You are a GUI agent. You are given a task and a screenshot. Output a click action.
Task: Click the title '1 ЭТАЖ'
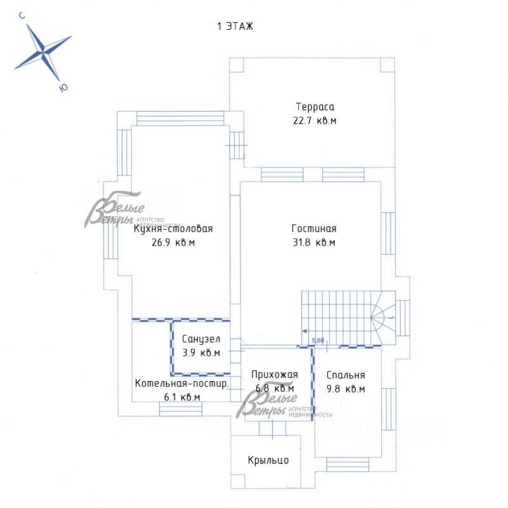tap(235, 26)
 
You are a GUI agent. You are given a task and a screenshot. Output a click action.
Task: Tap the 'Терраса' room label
tap(315, 107)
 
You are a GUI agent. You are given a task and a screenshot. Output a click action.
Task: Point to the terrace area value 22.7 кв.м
tap(315, 120)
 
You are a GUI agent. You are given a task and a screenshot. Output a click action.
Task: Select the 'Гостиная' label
tap(314, 229)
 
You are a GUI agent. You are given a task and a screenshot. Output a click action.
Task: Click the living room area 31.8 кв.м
tap(314, 242)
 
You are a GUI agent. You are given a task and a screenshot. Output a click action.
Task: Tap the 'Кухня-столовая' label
tap(173, 230)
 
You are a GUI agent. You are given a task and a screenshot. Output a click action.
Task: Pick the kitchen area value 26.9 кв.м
tap(173, 242)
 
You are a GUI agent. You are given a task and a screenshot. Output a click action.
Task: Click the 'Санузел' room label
tap(201, 339)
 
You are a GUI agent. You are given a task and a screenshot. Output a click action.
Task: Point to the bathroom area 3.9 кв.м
tap(201, 353)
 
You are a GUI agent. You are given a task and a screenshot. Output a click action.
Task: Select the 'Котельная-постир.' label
tap(181, 384)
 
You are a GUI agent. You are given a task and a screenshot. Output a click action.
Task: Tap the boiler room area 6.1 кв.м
tap(181, 397)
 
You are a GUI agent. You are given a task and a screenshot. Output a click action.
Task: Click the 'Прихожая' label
tap(274, 374)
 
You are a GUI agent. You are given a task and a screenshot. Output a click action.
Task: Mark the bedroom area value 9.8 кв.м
tap(345, 389)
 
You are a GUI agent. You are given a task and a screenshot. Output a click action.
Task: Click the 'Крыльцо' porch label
tap(268, 460)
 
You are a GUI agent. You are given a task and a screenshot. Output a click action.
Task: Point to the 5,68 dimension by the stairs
tap(318, 340)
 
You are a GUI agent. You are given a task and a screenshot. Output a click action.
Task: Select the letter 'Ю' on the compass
tap(62, 88)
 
